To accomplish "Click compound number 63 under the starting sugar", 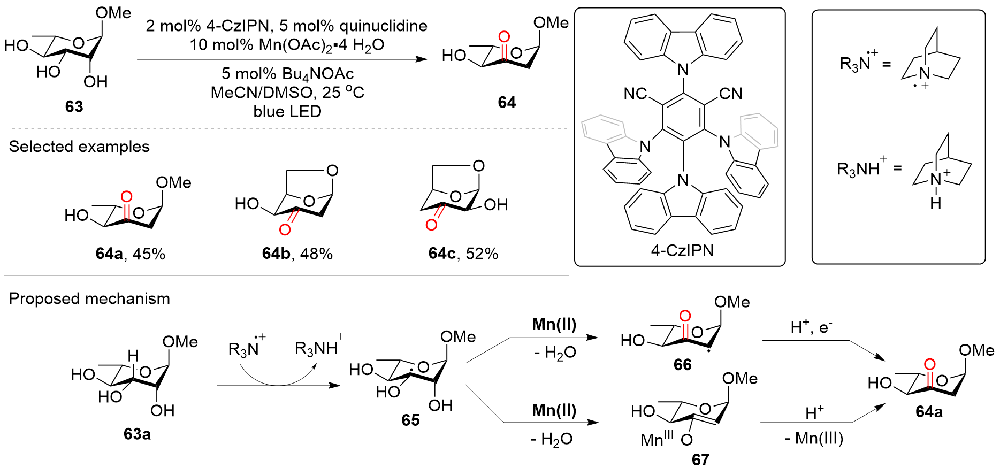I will click(74, 106).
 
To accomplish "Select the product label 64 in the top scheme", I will click(507, 102).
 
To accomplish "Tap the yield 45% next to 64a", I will click(149, 254).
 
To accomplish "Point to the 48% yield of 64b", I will click(316, 254).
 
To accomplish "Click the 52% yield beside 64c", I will click(482, 254).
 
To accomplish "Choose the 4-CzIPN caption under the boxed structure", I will click(682, 250).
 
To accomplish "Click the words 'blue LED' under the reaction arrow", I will click(287, 111).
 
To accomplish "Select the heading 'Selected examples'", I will click(79, 147).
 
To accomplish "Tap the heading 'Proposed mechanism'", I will click(89, 298).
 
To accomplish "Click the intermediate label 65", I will click(410, 420).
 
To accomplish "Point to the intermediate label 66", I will click(682, 364).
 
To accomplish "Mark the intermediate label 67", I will click(700, 459).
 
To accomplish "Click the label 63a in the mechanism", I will click(137, 434).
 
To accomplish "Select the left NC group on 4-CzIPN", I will click(635, 94).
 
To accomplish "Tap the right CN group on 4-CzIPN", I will click(730, 94).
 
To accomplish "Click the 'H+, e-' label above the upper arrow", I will click(811, 327).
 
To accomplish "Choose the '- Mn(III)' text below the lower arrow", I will click(814, 439).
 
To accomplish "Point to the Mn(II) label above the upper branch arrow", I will click(554, 324).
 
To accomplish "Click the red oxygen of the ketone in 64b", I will click(285, 229).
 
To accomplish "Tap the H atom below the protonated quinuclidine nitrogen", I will click(935, 203).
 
